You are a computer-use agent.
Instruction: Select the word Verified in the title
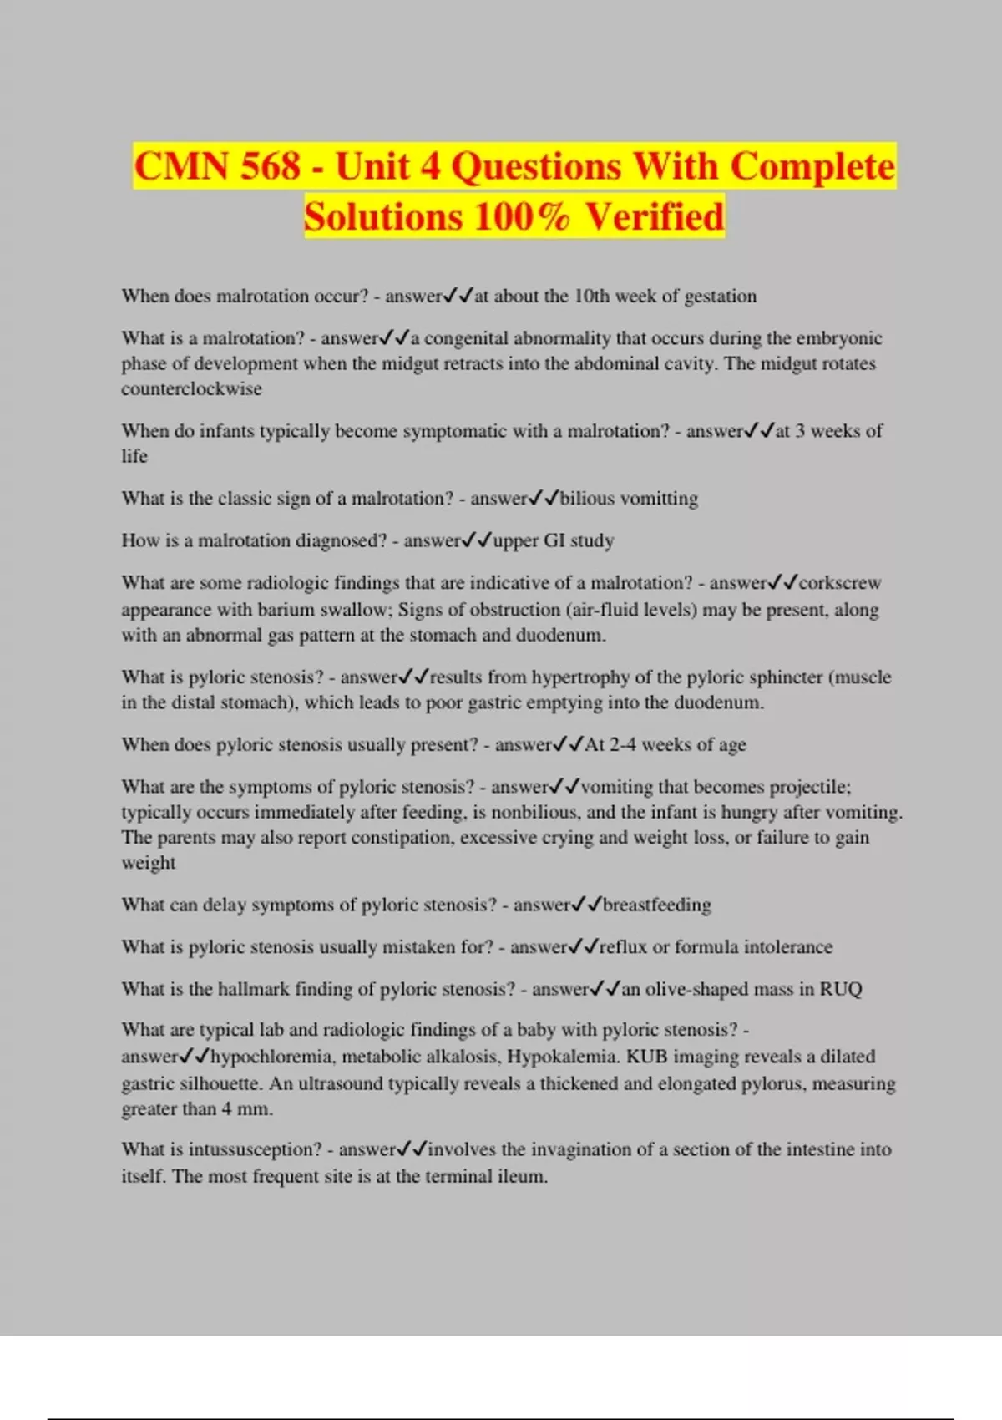tap(654, 216)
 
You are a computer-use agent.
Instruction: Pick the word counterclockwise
tap(191, 388)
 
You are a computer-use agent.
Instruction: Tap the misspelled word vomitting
tap(659, 499)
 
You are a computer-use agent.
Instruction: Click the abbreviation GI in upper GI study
tap(554, 540)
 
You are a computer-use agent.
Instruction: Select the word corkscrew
tap(840, 583)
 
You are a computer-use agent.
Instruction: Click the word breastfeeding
tap(657, 905)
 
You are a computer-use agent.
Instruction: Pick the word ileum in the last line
tap(521, 1176)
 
